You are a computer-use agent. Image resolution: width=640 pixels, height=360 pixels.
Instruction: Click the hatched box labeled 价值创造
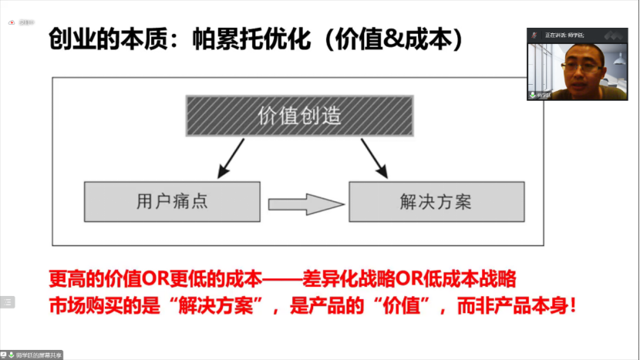click(x=299, y=116)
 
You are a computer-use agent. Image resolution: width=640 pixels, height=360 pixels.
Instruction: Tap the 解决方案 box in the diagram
click(x=436, y=202)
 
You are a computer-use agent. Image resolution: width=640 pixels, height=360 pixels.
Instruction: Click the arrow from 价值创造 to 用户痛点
click(x=231, y=159)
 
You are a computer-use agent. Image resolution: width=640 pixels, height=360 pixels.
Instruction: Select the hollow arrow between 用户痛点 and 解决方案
click(x=305, y=204)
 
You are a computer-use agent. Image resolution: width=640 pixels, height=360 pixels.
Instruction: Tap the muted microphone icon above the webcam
click(x=533, y=35)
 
